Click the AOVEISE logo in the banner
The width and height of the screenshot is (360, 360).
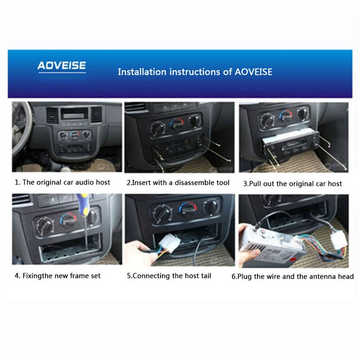point(62,66)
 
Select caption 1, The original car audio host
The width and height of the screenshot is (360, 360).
point(63,182)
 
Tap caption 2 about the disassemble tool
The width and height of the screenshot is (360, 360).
point(178,183)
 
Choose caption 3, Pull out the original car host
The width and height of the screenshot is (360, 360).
point(292,184)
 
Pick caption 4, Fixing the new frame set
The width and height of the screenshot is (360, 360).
point(62,275)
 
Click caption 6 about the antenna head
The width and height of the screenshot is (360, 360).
point(292,276)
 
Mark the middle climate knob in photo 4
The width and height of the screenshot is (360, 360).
point(68,220)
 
